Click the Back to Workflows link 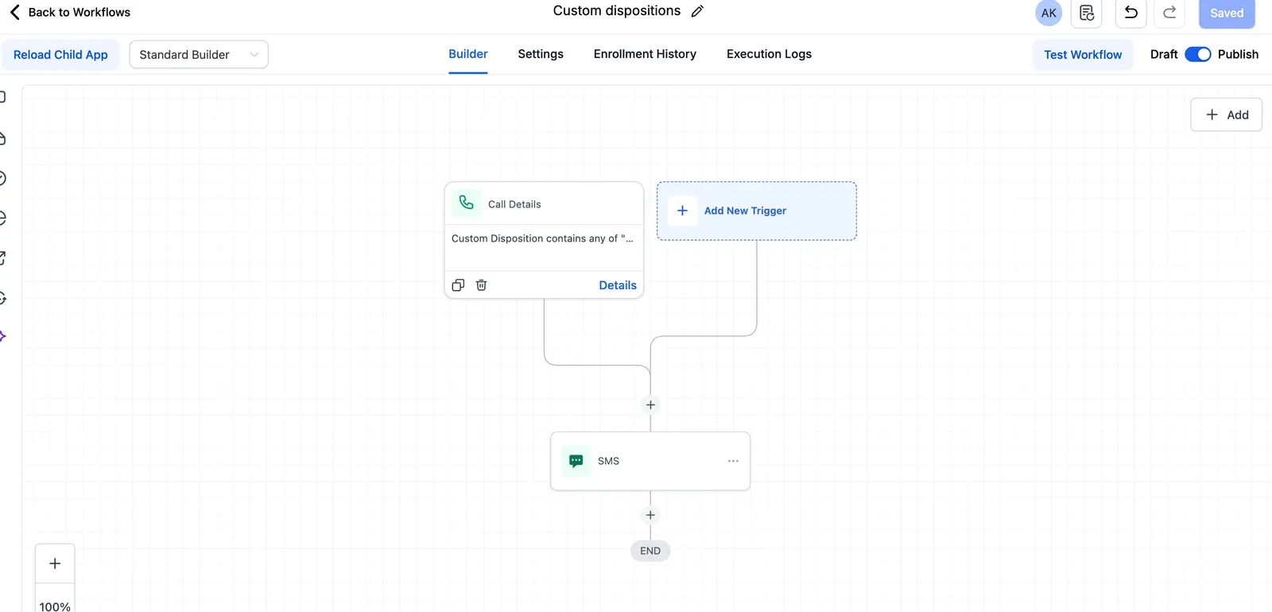point(71,12)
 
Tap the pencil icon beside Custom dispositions point(697,11)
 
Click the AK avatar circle point(1049,13)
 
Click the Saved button point(1227,13)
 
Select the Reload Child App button point(60,55)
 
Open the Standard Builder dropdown point(199,55)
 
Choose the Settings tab point(541,54)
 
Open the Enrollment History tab point(645,54)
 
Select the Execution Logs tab point(769,54)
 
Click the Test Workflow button point(1083,55)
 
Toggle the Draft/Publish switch point(1198,55)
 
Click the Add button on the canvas point(1227,114)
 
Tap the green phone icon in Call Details point(466,203)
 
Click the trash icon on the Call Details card point(481,285)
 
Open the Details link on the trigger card point(618,285)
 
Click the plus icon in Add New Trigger point(682,211)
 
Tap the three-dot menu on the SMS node point(733,461)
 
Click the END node point(650,551)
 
